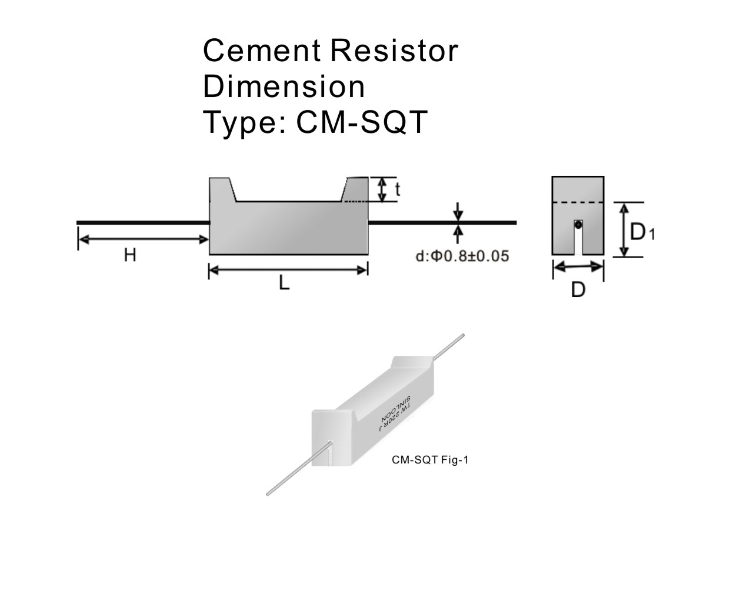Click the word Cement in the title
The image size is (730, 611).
pos(262,51)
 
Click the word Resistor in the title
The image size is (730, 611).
pos(394,51)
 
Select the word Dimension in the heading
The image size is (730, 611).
pos(284,86)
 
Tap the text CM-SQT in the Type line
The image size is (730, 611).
pos(361,122)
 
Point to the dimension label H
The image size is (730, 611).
pos(130,255)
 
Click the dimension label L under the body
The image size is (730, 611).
pos(284,283)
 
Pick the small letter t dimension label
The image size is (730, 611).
pos(398,189)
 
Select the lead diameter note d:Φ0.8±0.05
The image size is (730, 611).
pos(462,256)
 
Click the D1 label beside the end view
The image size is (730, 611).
pos(642,232)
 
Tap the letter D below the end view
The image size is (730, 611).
pos(578,290)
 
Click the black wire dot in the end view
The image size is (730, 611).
pos(578,224)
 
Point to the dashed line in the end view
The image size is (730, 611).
pos(578,202)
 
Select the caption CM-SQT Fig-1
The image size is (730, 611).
pos(430,460)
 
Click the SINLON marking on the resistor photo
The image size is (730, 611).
pos(401,408)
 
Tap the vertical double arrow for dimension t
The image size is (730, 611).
pos(382,189)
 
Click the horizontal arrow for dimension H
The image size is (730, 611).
pos(144,239)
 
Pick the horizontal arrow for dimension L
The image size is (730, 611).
pos(288,270)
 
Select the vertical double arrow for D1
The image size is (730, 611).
pos(625,229)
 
